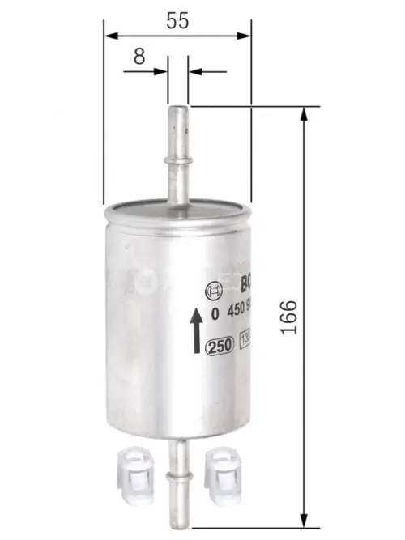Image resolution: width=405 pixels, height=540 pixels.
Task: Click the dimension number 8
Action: coord(139,56)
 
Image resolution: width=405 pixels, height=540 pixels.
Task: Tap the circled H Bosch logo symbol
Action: coord(214,290)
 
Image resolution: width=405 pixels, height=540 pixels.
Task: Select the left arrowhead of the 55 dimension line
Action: coord(110,36)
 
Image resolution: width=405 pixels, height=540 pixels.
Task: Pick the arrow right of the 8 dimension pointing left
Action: coord(197,71)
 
